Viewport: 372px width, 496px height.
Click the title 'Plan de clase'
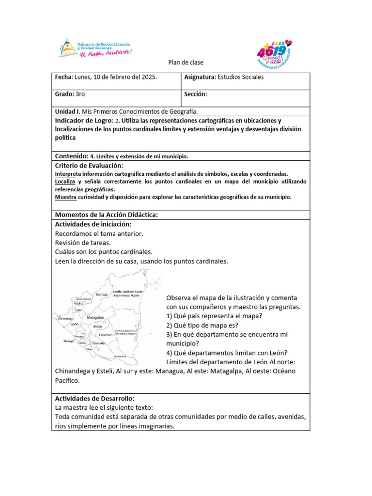pos(186,62)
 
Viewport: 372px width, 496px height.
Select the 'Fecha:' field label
pos(63,77)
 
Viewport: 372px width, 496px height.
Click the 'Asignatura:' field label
pos(200,77)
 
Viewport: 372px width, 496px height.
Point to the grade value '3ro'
pos(80,94)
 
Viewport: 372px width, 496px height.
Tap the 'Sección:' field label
pos(196,94)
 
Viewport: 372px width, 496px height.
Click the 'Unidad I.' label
pos(67,111)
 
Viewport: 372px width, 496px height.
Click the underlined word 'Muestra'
pos(65,197)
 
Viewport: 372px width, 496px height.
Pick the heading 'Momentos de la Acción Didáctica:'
pos(107,215)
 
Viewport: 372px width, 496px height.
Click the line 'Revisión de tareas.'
pos(83,243)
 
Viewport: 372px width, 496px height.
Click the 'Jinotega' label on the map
pos(101,294)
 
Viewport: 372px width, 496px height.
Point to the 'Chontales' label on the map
pos(105,335)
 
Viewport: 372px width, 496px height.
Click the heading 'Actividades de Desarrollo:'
pos(95,398)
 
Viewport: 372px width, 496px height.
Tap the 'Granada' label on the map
pos(99,343)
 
